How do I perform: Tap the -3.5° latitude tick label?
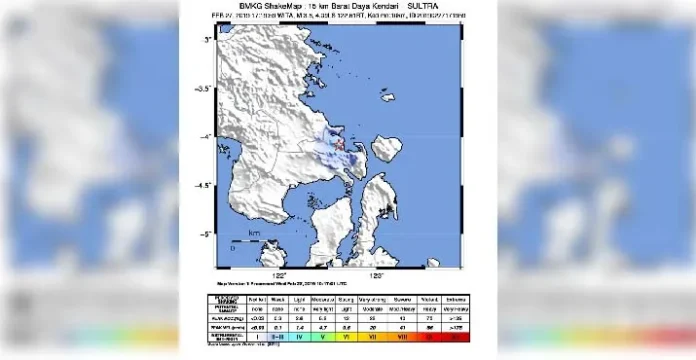[x=206, y=88]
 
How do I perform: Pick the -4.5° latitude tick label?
[x=206, y=185]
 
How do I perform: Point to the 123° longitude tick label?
[x=377, y=275]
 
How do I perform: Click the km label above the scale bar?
[x=253, y=232]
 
